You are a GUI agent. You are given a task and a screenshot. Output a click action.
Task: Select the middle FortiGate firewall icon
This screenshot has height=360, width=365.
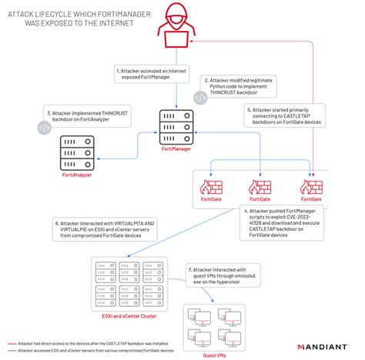(256, 188)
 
